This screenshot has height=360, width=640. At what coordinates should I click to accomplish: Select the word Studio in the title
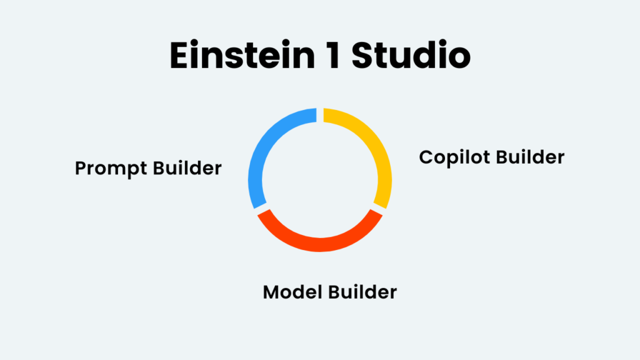coord(411,56)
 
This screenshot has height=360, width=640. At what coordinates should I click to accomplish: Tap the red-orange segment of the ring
coord(320,244)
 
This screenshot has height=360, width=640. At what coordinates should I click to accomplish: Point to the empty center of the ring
coord(320,180)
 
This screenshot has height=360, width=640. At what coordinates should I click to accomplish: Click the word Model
coord(289,292)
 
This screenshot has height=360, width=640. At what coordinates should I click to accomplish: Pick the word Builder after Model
coord(363,291)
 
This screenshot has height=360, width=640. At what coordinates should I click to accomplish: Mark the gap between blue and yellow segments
coord(320,116)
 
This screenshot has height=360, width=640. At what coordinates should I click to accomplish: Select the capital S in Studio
coord(362,56)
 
